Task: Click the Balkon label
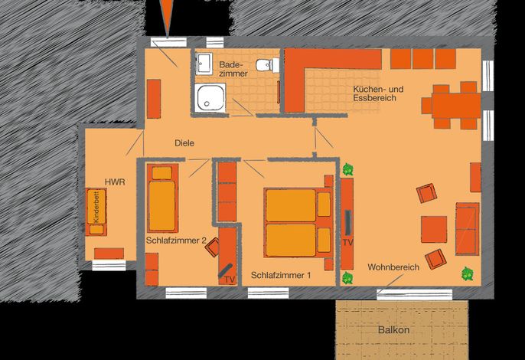pyautogui.click(x=393, y=330)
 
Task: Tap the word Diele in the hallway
pyautogui.click(x=184, y=143)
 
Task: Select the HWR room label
pyautogui.click(x=115, y=182)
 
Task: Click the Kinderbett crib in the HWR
pyautogui.click(x=96, y=212)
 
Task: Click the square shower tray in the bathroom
pyautogui.click(x=210, y=97)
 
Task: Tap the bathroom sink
pyautogui.click(x=204, y=63)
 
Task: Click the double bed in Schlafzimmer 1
pyautogui.click(x=298, y=222)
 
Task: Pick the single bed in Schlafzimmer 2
pyautogui.click(x=163, y=198)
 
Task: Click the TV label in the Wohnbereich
pyautogui.click(x=348, y=242)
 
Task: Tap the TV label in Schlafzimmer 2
pyautogui.click(x=230, y=280)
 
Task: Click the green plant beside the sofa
pyautogui.click(x=468, y=274)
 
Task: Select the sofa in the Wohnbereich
pyautogui.click(x=468, y=229)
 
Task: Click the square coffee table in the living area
pyautogui.click(x=434, y=229)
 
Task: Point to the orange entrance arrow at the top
pyautogui.click(x=167, y=15)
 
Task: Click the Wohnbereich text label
pyautogui.click(x=393, y=267)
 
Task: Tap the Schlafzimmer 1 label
pyautogui.click(x=281, y=275)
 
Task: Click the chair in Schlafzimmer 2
pyautogui.click(x=212, y=247)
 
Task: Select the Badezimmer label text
pyautogui.click(x=233, y=69)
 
